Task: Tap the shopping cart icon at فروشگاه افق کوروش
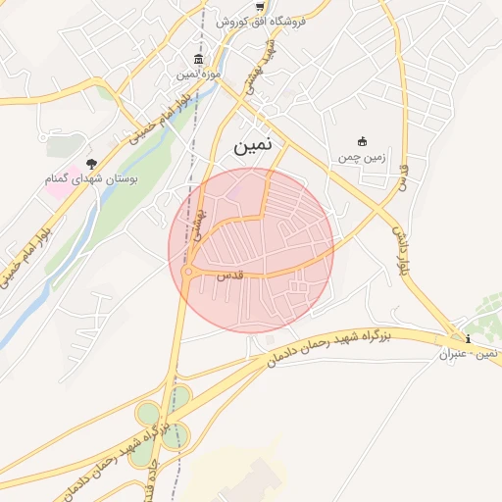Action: coord(259,6)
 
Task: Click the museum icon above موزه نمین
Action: coord(199,59)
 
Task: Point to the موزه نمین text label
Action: coord(200,74)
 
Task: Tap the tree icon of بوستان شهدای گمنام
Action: coord(91,165)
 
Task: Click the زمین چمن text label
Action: coord(362,156)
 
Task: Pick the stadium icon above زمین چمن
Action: coord(362,141)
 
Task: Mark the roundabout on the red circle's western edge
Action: coord(187,274)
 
